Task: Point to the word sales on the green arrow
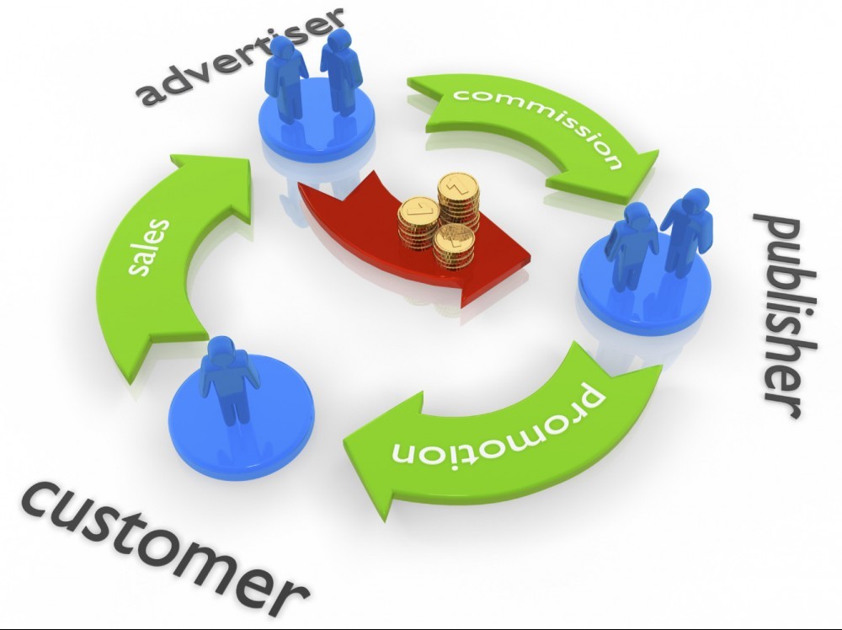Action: [149, 246]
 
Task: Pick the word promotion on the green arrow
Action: [497, 429]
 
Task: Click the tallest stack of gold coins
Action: [458, 201]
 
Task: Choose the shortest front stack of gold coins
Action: [454, 247]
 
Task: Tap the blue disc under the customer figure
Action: [241, 416]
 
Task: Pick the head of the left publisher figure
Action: [637, 216]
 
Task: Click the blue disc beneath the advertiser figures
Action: [317, 117]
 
